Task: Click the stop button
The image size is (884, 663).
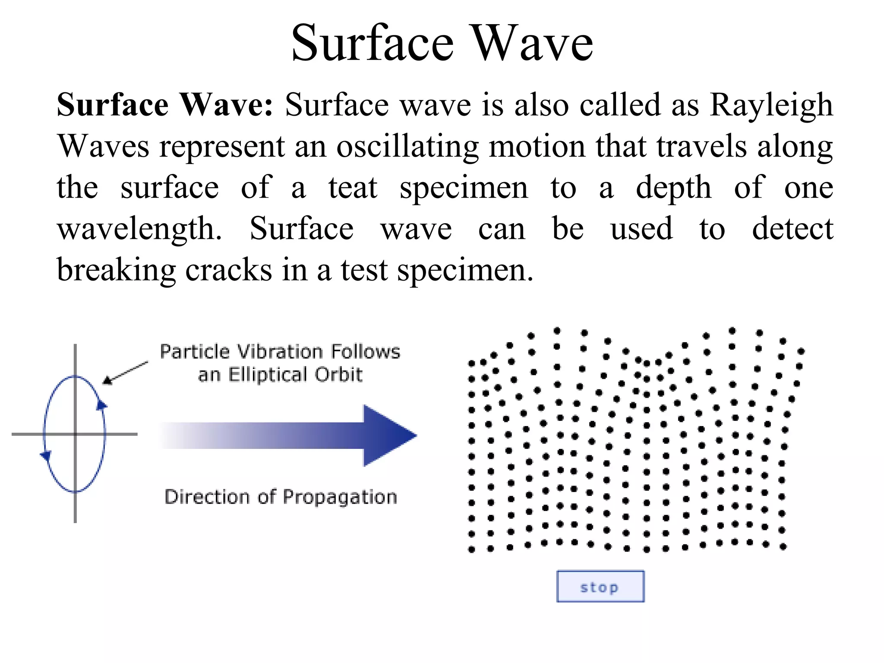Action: (x=600, y=586)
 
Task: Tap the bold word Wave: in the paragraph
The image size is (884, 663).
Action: (x=226, y=105)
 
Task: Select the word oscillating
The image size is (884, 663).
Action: (x=407, y=146)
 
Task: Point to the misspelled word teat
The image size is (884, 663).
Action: (x=353, y=188)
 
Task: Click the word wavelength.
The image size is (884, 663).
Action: (x=139, y=229)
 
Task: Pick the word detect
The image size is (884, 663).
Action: (x=792, y=229)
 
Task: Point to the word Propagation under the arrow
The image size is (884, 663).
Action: (x=340, y=497)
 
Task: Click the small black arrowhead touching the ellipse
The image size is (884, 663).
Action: (x=107, y=381)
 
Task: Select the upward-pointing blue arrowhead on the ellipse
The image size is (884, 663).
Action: (x=102, y=404)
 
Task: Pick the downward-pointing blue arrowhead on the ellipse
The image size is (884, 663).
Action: (x=45, y=456)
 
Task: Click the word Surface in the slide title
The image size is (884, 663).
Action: (x=373, y=43)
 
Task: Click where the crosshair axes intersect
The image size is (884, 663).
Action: (x=75, y=434)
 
